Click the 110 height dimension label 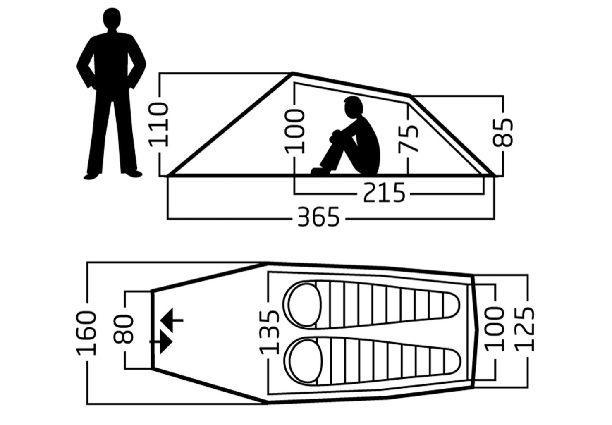point(158,124)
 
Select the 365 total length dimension point(318,217)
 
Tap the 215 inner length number point(384,193)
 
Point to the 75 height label point(408,139)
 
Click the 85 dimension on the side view point(503,133)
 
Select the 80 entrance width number point(124,329)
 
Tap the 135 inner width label point(269,332)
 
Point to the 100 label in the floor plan point(494,329)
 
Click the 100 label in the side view point(294,131)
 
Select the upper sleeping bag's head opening point(305,305)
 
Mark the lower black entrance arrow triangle point(165,342)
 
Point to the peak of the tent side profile point(292,73)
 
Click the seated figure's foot point(320,171)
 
